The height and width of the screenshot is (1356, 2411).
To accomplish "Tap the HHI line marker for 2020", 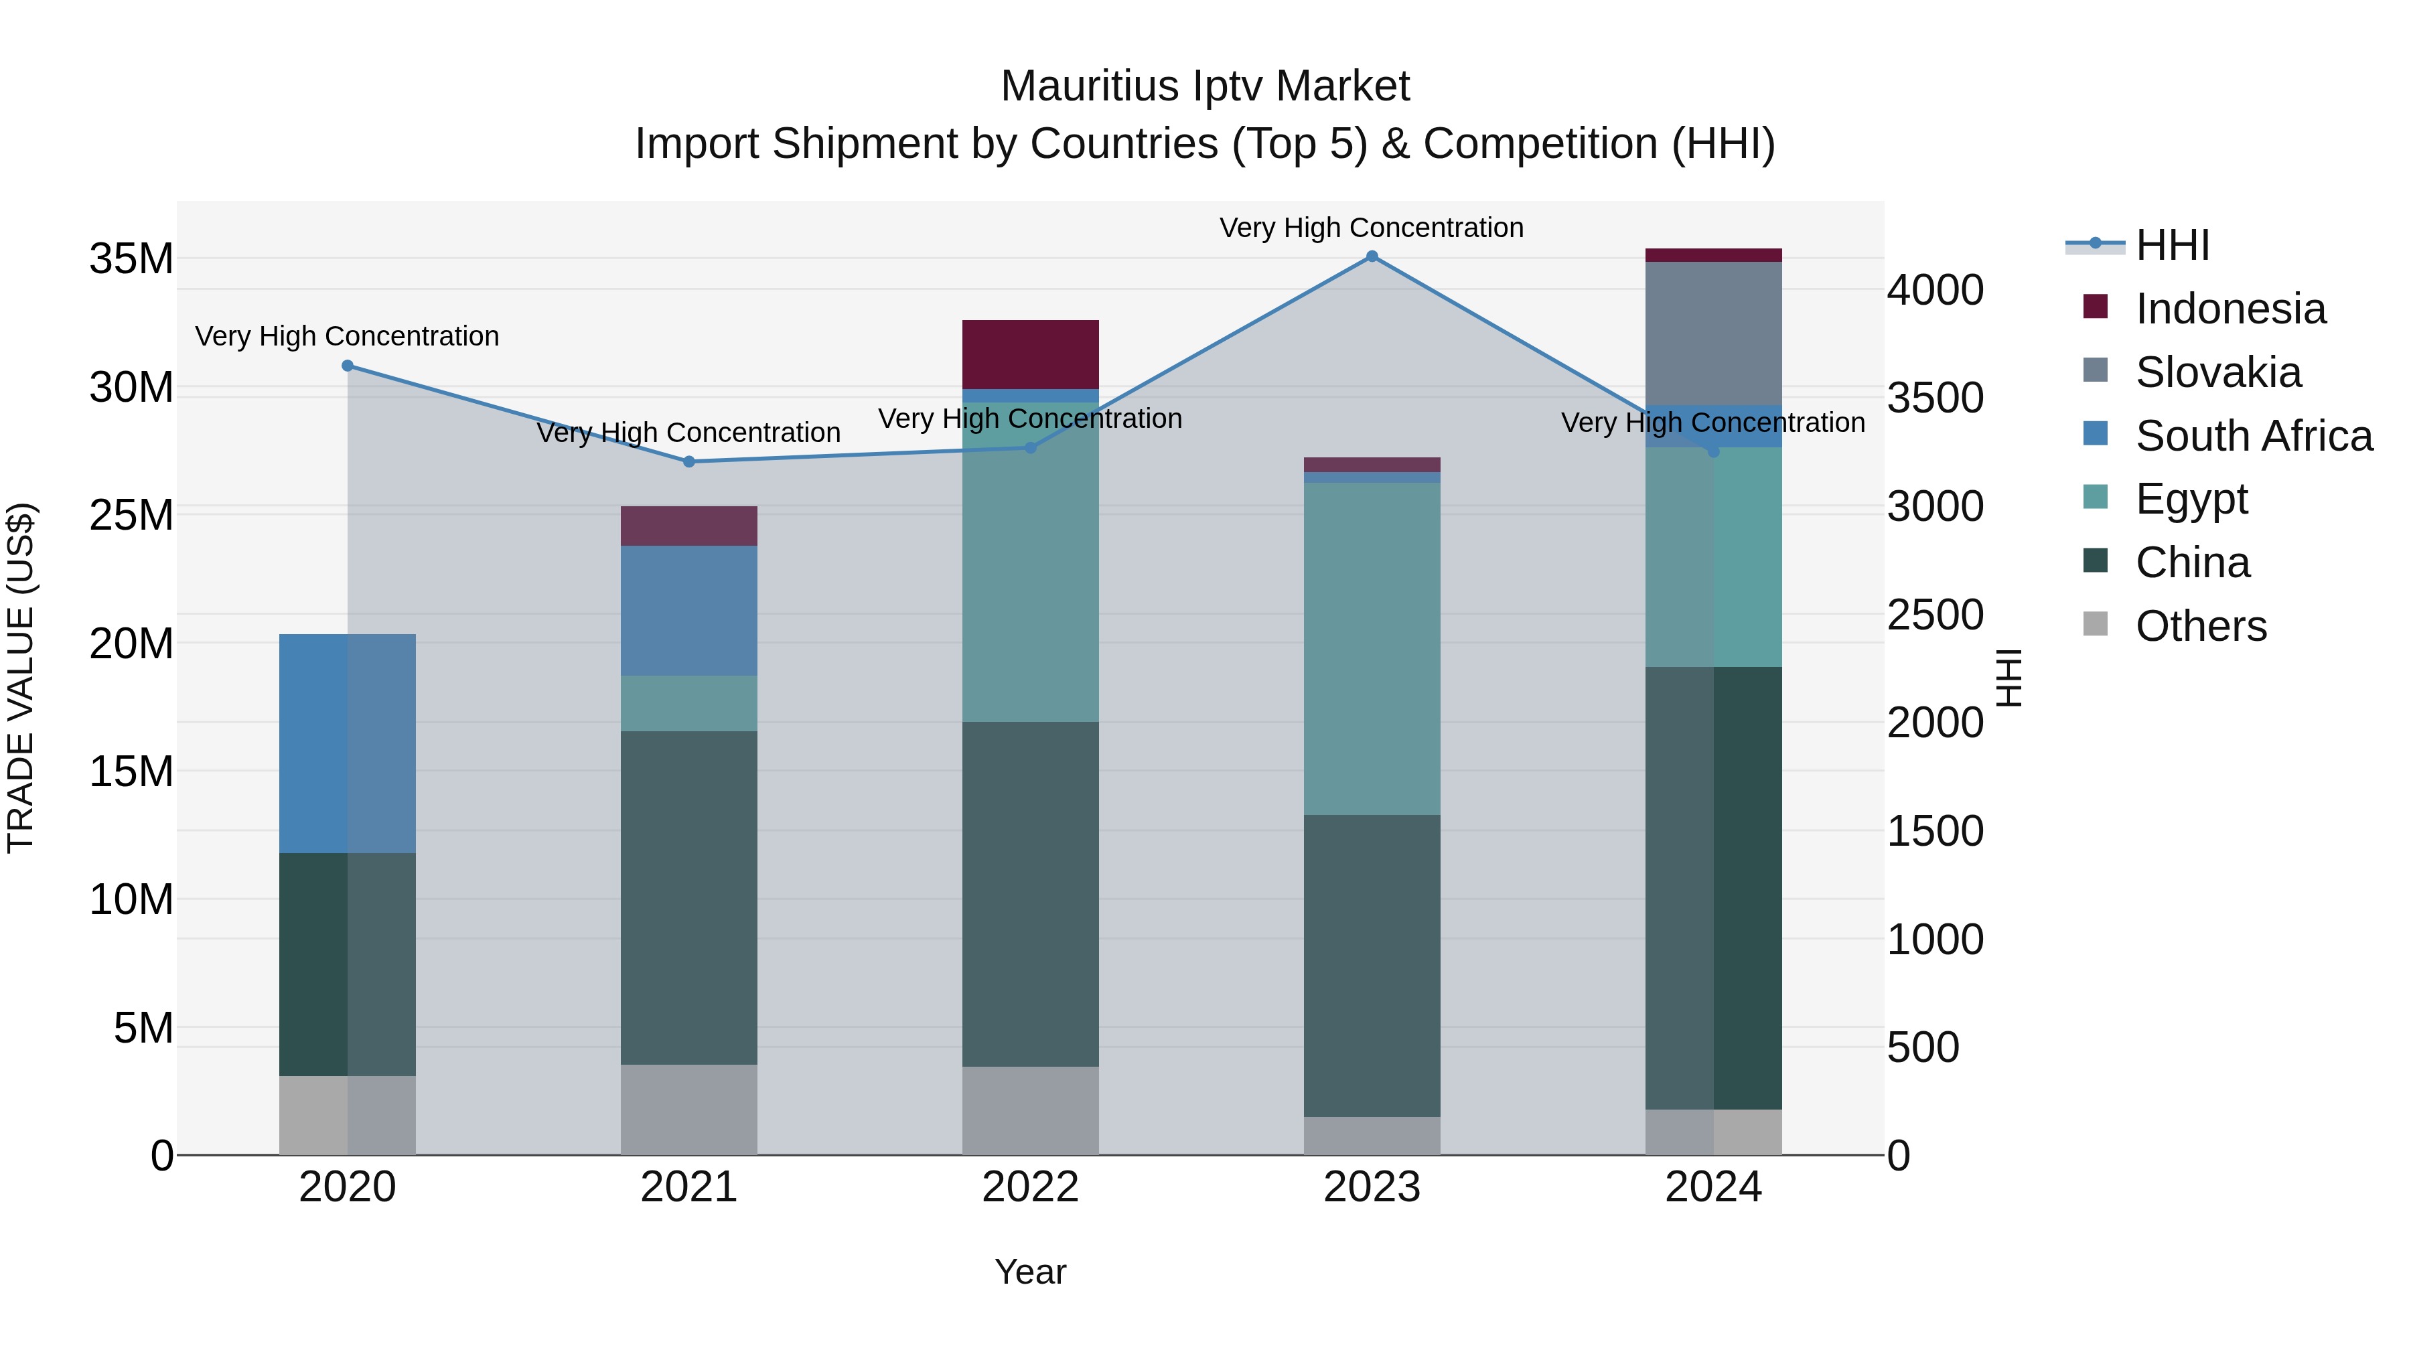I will pos(347,366).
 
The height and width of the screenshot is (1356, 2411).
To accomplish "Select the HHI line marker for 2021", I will pos(689,461).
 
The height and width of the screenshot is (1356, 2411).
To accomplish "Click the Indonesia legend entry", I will pos(2230,309).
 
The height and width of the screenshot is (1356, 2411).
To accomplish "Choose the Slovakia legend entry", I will pos(2217,372).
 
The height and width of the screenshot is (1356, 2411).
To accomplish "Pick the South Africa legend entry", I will pos(2253,436).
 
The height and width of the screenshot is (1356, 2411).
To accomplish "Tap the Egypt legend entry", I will pos(2191,499).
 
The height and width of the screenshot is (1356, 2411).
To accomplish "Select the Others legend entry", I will pos(2201,626).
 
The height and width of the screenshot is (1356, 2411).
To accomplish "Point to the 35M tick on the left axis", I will pos(131,259).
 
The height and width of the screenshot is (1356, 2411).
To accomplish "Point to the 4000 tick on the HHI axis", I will pos(1935,290).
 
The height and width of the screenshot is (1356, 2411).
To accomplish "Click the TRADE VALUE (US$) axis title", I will pos(21,678).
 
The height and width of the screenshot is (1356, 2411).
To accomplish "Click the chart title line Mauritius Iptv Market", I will pos(1205,86).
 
